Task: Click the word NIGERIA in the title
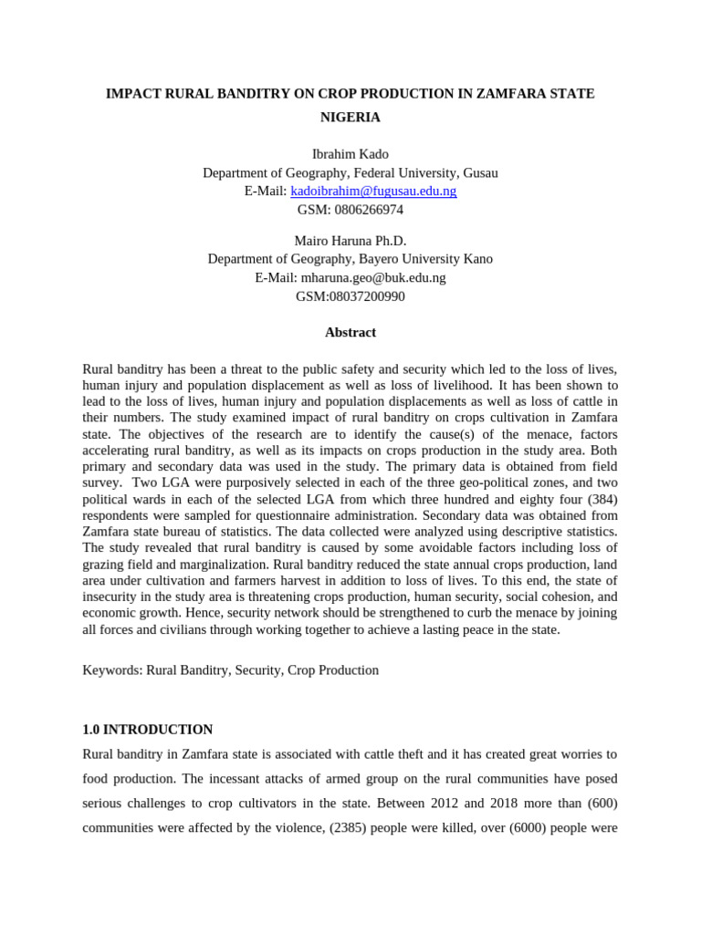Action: point(350,118)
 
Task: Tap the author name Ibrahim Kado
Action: point(350,154)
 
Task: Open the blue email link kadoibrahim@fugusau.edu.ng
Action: point(373,191)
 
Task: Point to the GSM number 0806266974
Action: point(369,209)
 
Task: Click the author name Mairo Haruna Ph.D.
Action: point(350,240)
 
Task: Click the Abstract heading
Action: point(350,333)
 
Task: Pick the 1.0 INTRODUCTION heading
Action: point(148,730)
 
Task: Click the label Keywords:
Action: point(111,670)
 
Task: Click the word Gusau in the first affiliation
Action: point(480,172)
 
